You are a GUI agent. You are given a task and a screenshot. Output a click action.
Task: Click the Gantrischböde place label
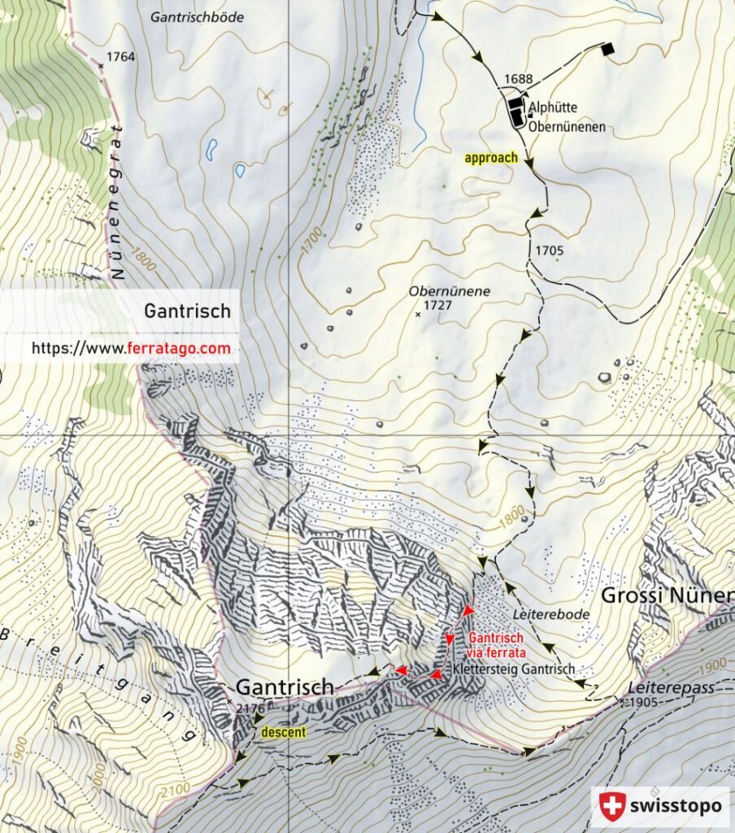pos(198,16)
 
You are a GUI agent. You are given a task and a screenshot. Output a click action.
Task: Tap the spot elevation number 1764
pos(120,57)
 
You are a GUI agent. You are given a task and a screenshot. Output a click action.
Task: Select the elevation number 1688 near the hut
pos(518,79)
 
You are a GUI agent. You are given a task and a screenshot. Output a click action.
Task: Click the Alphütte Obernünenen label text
pos(566,116)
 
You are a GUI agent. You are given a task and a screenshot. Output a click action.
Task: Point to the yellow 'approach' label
pos(491,158)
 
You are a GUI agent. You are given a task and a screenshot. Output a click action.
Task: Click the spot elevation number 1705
pos(550,251)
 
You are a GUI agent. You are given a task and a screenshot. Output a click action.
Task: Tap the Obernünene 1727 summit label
pos(437,298)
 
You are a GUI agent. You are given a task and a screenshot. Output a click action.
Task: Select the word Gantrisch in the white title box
pos(187,311)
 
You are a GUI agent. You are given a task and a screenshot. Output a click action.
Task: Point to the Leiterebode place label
pos(551,615)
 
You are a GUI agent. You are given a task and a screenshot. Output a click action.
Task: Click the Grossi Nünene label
pos(666,595)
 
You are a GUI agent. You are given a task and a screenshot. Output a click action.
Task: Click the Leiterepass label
pos(670,687)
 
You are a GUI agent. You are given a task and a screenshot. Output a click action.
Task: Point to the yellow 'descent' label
pos(283,732)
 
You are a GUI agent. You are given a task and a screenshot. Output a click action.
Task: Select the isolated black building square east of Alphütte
pos(608,50)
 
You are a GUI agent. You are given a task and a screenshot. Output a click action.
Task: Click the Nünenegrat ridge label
pos(119,203)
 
